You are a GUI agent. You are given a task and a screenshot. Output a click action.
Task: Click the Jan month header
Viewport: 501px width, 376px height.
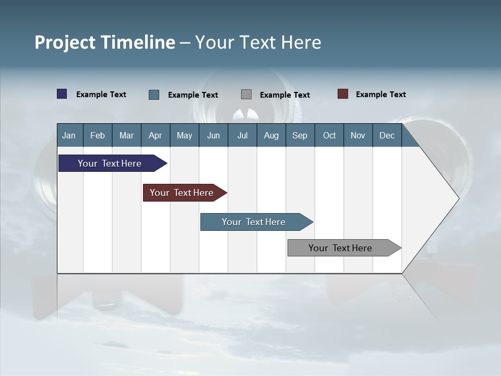[69, 135]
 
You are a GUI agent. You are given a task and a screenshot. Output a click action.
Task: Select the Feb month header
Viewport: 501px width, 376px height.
[98, 135]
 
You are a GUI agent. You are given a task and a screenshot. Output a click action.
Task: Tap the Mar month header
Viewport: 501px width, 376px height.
[126, 135]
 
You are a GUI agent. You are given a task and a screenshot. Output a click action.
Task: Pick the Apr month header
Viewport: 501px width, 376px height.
[156, 135]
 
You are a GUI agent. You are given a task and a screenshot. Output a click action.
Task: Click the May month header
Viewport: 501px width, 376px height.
[184, 135]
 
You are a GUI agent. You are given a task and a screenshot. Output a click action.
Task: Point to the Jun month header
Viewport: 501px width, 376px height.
[213, 135]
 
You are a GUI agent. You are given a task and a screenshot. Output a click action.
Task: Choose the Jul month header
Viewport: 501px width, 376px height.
[242, 135]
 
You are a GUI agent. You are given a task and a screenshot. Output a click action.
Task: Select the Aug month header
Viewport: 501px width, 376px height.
[271, 135]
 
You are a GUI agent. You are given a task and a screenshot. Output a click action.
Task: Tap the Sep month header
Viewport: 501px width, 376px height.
[300, 135]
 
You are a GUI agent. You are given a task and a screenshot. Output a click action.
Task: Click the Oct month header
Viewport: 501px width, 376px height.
[329, 135]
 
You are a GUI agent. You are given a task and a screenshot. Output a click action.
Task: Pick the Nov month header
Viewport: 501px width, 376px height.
[358, 135]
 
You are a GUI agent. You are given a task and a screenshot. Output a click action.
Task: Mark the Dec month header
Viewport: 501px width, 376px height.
[387, 135]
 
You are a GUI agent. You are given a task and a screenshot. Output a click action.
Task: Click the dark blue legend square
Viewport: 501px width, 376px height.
[62, 94]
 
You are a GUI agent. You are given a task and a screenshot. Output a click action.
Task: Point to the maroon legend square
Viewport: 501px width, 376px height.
[343, 94]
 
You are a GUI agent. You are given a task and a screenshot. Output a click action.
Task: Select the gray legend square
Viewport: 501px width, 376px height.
[246, 94]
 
